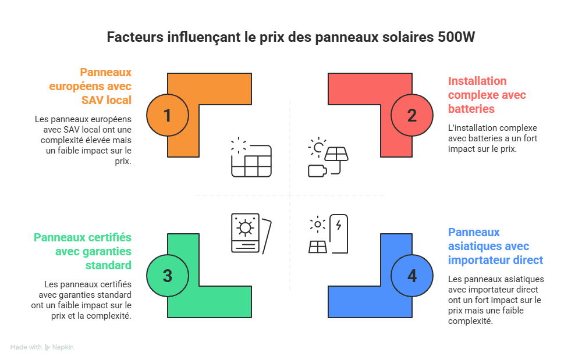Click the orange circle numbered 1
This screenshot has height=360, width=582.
(168, 115)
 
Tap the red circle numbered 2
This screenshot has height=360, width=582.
(411, 115)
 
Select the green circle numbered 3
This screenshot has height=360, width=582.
(168, 276)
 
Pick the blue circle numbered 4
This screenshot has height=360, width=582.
(411, 276)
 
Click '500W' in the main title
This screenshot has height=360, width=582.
(456, 37)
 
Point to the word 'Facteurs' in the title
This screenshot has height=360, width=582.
(135, 37)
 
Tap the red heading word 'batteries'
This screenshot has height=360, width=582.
(471, 109)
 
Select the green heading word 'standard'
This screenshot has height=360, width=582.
(108, 265)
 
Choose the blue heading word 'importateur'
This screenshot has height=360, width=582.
(479, 261)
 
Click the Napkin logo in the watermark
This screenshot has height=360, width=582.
(47, 347)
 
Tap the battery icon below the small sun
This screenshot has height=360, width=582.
(317, 171)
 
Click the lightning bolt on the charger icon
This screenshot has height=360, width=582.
(339, 224)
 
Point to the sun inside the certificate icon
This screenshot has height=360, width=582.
(245, 227)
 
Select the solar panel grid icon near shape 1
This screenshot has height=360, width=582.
(251, 161)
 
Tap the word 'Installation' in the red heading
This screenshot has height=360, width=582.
(477, 81)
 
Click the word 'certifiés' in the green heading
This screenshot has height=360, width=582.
(113, 237)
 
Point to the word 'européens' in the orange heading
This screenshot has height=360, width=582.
(76, 87)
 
